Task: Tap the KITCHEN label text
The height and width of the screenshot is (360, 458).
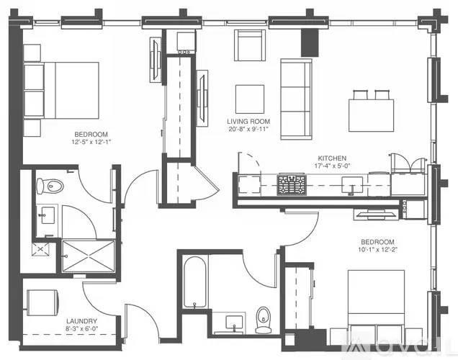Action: pos(333,158)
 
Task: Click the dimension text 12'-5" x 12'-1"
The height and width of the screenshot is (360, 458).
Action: pos(91,143)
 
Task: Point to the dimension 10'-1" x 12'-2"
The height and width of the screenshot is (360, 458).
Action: pos(377,249)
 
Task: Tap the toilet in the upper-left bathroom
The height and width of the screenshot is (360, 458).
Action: pos(52,186)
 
